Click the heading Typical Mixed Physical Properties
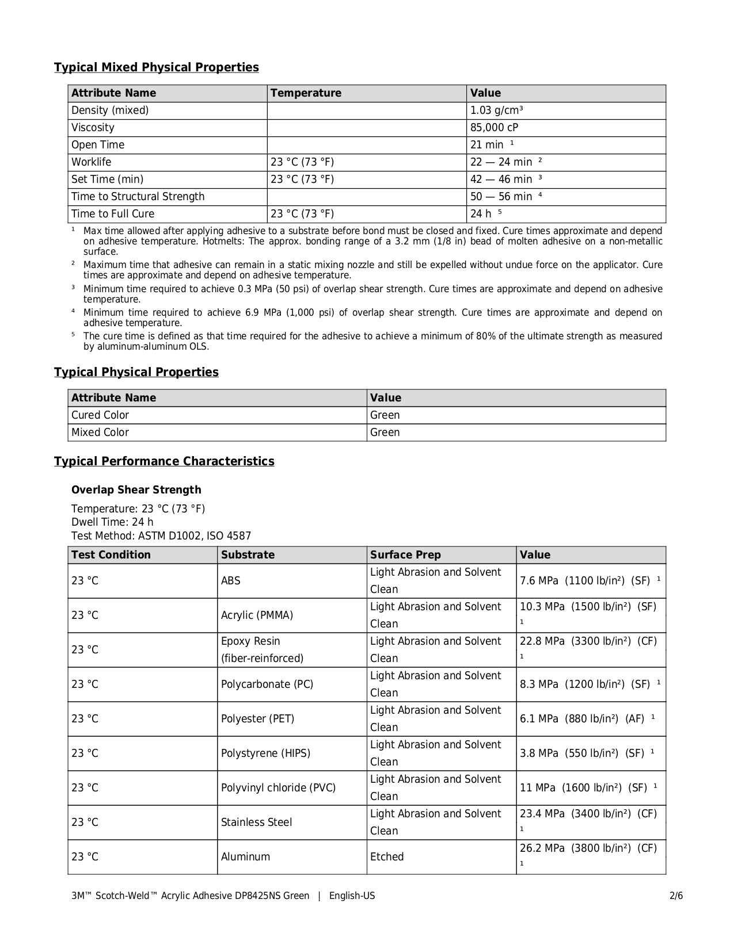(x=156, y=67)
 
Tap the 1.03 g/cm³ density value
(x=496, y=110)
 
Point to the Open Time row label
(x=98, y=145)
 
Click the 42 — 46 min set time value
(x=501, y=179)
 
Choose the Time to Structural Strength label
(x=138, y=197)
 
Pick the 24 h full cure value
(x=481, y=214)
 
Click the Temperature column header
(x=306, y=93)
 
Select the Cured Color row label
(x=100, y=415)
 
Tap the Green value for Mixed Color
(x=385, y=433)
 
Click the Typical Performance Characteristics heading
(x=164, y=461)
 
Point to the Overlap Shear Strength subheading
(x=136, y=490)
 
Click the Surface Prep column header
(x=405, y=555)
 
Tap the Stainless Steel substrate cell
(x=256, y=822)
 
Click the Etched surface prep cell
(x=387, y=857)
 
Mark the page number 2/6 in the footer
(x=676, y=896)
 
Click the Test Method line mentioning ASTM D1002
(x=161, y=536)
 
